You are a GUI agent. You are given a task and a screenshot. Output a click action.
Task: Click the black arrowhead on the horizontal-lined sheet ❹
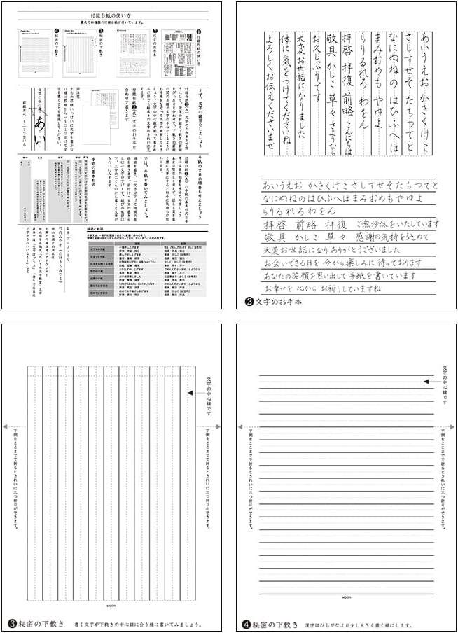pos(426,381)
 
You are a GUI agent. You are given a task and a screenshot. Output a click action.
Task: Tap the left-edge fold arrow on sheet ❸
pos(6,426)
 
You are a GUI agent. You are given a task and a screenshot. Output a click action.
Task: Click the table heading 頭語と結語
pos(96,228)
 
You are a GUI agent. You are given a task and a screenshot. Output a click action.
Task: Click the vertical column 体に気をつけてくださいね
pos(284,87)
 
